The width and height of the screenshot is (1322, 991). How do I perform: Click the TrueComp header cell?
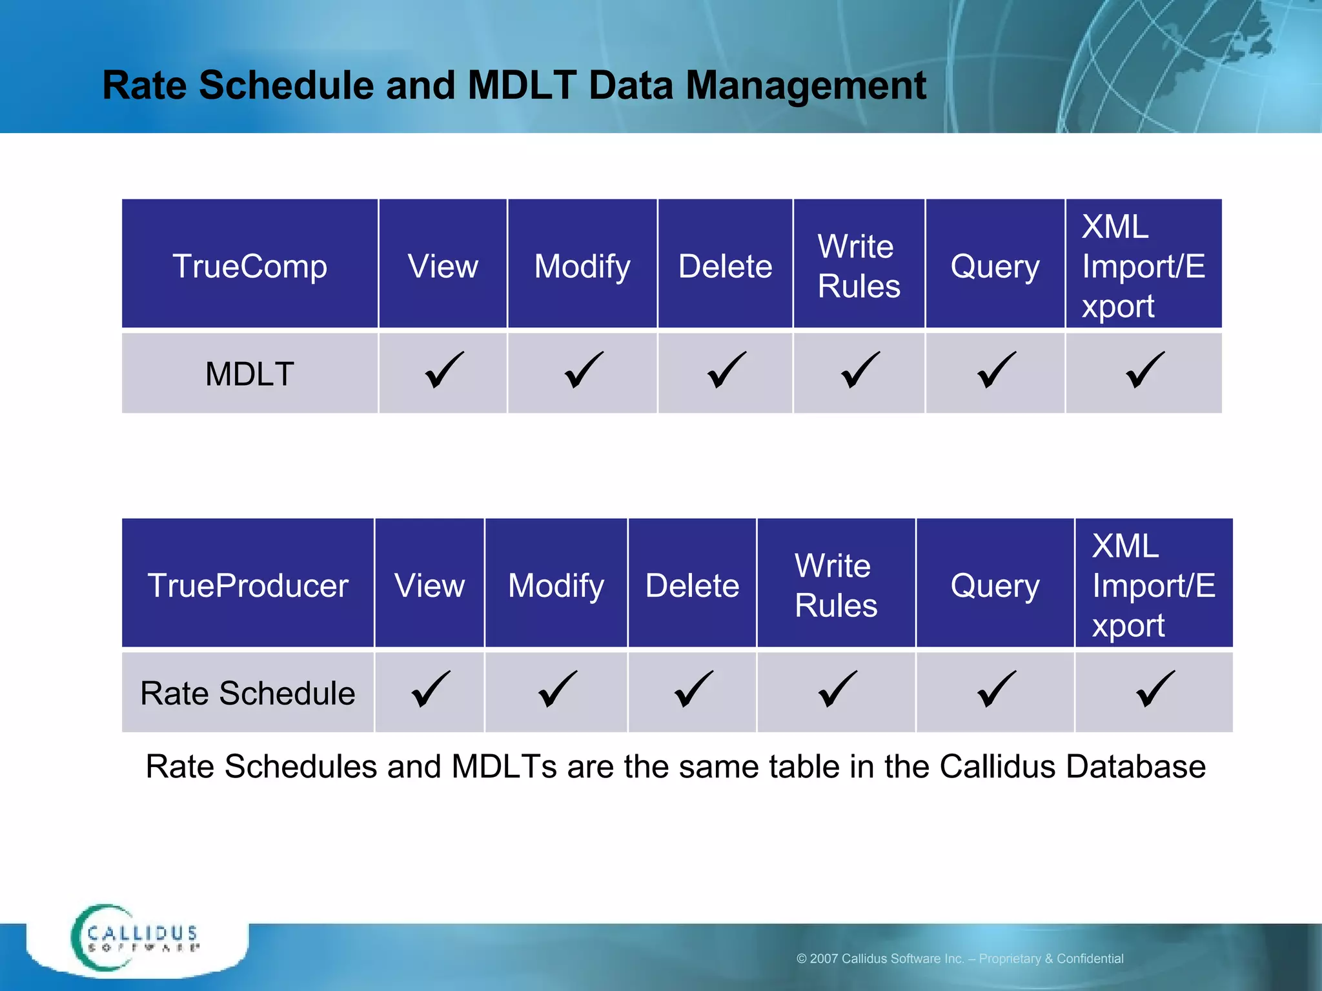pyautogui.click(x=250, y=266)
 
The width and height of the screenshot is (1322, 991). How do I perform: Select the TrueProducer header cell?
pyautogui.click(x=248, y=585)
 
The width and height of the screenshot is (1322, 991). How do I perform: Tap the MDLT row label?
pyautogui.click(x=250, y=374)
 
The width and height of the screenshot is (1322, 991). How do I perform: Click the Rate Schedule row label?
pyautogui.click(x=248, y=693)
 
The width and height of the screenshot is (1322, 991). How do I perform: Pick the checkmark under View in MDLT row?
pyautogui.click(x=444, y=370)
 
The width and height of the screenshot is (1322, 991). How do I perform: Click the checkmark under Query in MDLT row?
pyautogui.click(x=996, y=370)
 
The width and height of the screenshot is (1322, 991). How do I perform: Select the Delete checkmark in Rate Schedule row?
pyautogui.click(x=693, y=690)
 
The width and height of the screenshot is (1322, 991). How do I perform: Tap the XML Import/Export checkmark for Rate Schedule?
pyautogui.click(x=1155, y=690)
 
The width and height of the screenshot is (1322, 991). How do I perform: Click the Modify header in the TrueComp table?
pyautogui.click(x=582, y=266)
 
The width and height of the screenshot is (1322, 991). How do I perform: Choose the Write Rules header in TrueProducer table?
pyautogui.click(x=836, y=585)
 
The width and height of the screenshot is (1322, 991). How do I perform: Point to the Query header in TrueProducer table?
pyautogui.click(x=995, y=585)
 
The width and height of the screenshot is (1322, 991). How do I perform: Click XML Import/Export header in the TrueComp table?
pyautogui.click(x=1143, y=266)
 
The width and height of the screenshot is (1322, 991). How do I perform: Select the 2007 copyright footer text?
pyautogui.click(x=960, y=959)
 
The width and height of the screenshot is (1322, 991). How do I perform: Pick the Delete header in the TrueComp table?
pyautogui.click(x=725, y=266)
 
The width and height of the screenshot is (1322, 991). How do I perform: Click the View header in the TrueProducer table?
pyautogui.click(x=429, y=585)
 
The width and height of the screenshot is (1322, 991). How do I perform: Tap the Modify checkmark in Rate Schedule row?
pyautogui.click(x=557, y=690)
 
